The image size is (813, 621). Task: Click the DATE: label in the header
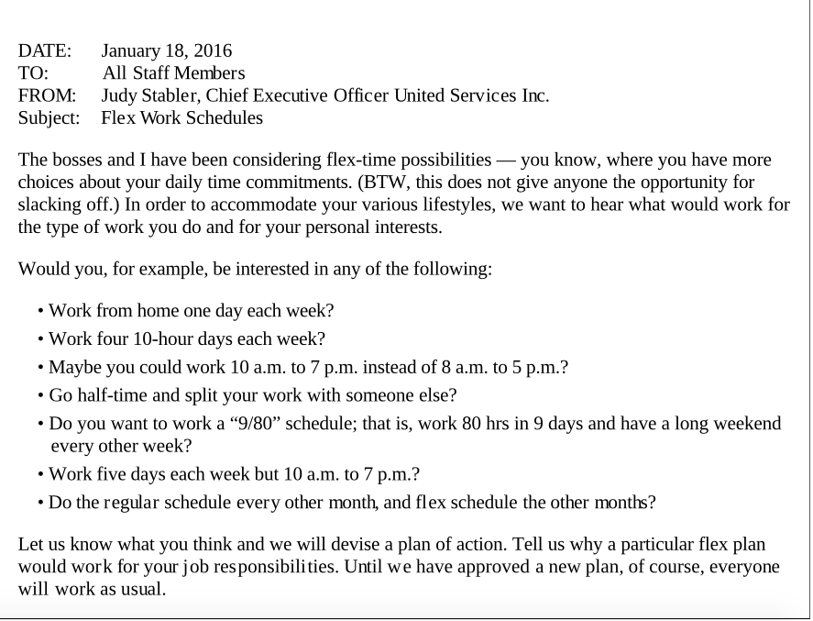click(x=45, y=50)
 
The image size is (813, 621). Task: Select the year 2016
click(x=213, y=50)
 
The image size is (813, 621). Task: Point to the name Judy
click(x=120, y=95)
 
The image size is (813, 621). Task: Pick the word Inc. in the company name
click(x=534, y=95)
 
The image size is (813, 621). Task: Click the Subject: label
click(x=49, y=118)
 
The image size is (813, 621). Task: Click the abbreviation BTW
click(x=384, y=182)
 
